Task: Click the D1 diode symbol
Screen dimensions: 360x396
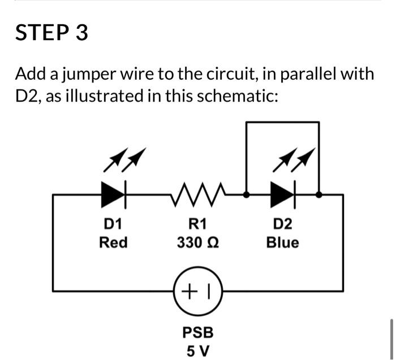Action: pos(113,195)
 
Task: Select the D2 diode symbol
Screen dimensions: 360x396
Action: pos(283,195)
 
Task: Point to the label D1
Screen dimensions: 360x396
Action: pos(113,224)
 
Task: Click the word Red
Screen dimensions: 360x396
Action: pos(113,243)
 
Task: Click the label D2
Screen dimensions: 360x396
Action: pos(283,224)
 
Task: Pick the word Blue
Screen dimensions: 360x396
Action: pos(283,243)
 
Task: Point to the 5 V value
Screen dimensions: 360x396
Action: pos(198,350)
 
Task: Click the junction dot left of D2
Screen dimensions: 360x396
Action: pos(247,195)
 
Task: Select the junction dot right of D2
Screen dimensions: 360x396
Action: pos(319,195)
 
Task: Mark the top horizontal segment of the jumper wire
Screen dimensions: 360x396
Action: pos(283,122)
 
